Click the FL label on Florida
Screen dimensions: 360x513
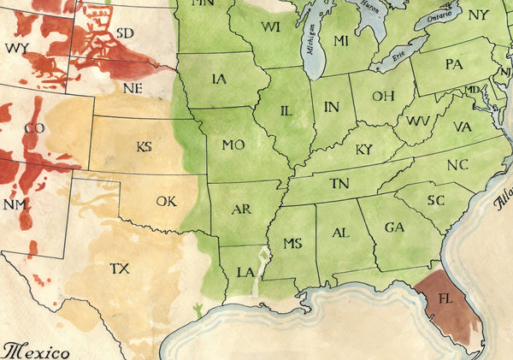coord(445,300)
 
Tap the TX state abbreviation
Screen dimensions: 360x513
coord(120,269)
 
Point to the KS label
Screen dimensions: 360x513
coord(144,146)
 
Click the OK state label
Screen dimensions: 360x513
coord(166,202)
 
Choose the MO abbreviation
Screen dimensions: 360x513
coord(233,145)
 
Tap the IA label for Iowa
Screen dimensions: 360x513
coord(219,79)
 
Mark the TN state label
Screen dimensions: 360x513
coord(339,183)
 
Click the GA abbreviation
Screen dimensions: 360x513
coord(393,227)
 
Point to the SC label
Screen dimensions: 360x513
coord(436,199)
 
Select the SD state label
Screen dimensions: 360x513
coord(124,32)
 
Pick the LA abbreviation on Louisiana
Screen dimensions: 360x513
coord(245,272)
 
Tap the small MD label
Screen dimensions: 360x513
coord(472,90)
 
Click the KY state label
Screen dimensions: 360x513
coord(363,150)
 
